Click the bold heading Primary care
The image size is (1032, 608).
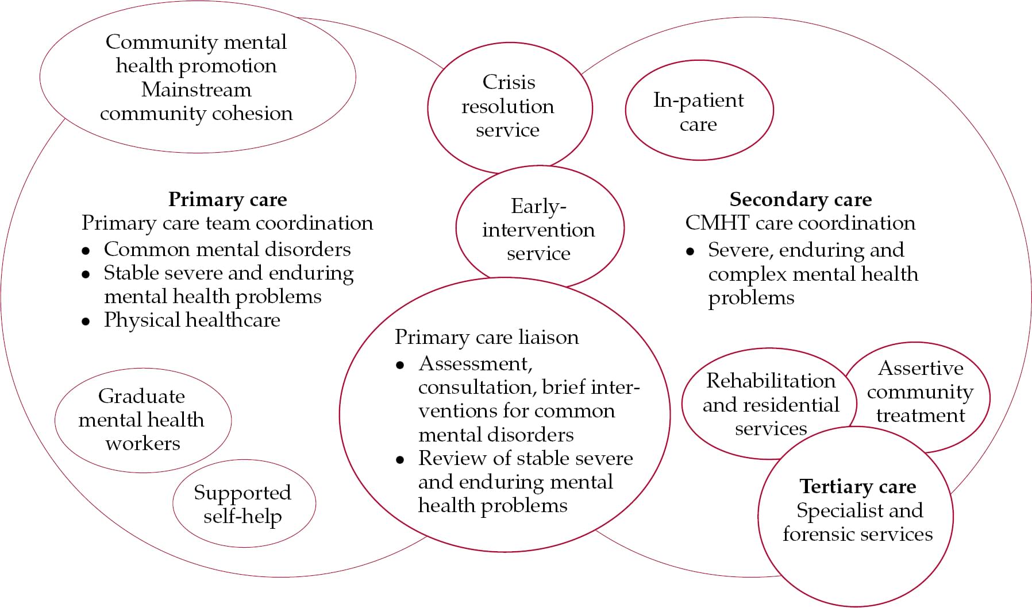coord(228,199)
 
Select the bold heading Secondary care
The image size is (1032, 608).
coord(800,199)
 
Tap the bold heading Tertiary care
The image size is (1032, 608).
coord(857,486)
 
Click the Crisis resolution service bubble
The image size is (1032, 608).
coord(509,106)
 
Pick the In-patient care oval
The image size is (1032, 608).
coord(698,111)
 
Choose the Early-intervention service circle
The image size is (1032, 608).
coord(538,229)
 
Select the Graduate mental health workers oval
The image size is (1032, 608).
coord(142,420)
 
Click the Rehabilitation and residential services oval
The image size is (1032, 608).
coord(770,404)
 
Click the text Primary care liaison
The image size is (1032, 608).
coord(487,337)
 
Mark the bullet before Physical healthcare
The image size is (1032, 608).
coord(86,322)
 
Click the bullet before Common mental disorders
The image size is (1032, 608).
coord(86,251)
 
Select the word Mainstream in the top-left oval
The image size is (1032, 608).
coord(196,90)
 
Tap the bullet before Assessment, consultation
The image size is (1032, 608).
coord(400,365)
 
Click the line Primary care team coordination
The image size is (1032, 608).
coord(228,223)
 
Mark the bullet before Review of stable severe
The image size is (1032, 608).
coord(400,460)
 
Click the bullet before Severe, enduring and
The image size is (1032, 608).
coord(690,251)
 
